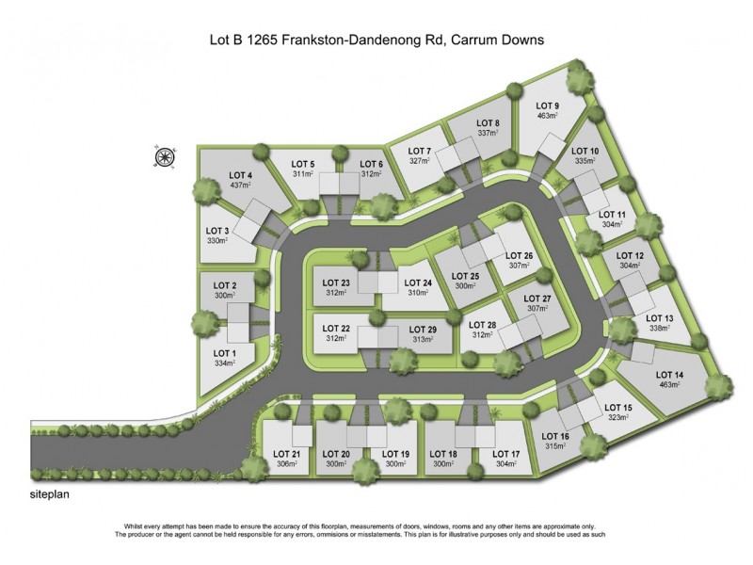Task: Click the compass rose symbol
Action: (166, 157)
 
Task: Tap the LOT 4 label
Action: (241, 175)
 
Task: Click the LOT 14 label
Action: (666, 377)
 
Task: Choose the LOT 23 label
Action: (337, 282)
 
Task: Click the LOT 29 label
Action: (424, 328)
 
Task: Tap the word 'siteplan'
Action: (51, 492)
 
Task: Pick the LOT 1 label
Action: (225, 353)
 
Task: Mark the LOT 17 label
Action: (506, 454)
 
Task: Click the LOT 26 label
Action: (521, 255)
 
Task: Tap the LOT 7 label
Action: (420, 151)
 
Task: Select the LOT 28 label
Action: (482, 324)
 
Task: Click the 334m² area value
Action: (225, 364)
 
